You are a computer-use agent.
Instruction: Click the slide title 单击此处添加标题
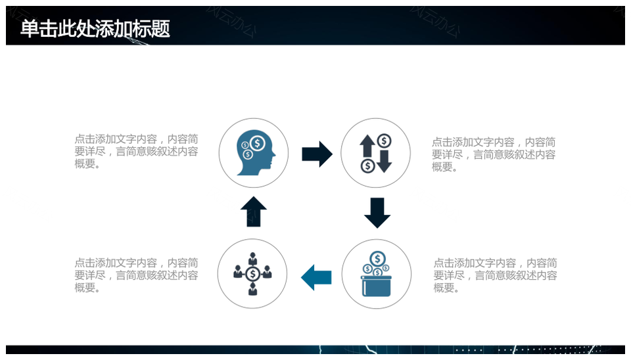click(x=95, y=28)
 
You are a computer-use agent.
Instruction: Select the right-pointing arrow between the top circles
click(x=317, y=154)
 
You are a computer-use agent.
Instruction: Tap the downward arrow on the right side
click(x=377, y=213)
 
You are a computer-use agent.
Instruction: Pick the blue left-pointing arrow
click(x=316, y=277)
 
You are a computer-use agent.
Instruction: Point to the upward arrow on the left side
click(x=254, y=212)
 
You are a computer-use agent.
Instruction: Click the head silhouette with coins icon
click(x=256, y=152)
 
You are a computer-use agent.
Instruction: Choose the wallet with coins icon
click(x=377, y=274)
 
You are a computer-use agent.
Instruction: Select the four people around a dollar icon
click(x=252, y=274)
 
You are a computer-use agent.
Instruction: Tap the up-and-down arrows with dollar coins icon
click(x=376, y=153)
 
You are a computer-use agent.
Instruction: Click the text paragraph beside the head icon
click(x=137, y=152)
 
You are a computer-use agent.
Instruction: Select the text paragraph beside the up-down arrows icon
click(x=494, y=154)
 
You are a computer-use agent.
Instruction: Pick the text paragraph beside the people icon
click(x=137, y=275)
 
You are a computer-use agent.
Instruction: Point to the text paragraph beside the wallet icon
click(x=496, y=275)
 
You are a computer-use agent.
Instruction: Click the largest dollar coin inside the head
click(x=258, y=143)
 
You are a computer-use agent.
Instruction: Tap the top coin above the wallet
click(x=377, y=259)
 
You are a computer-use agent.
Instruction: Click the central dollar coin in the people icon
click(x=252, y=275)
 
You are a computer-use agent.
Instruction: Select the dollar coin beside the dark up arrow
click(x=385, y=141)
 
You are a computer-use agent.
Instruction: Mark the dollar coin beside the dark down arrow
click(x=368, y=166)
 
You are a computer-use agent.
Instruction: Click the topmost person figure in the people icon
click(x=252, y=258)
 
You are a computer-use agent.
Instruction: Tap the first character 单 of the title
click(x=30, y=29)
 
